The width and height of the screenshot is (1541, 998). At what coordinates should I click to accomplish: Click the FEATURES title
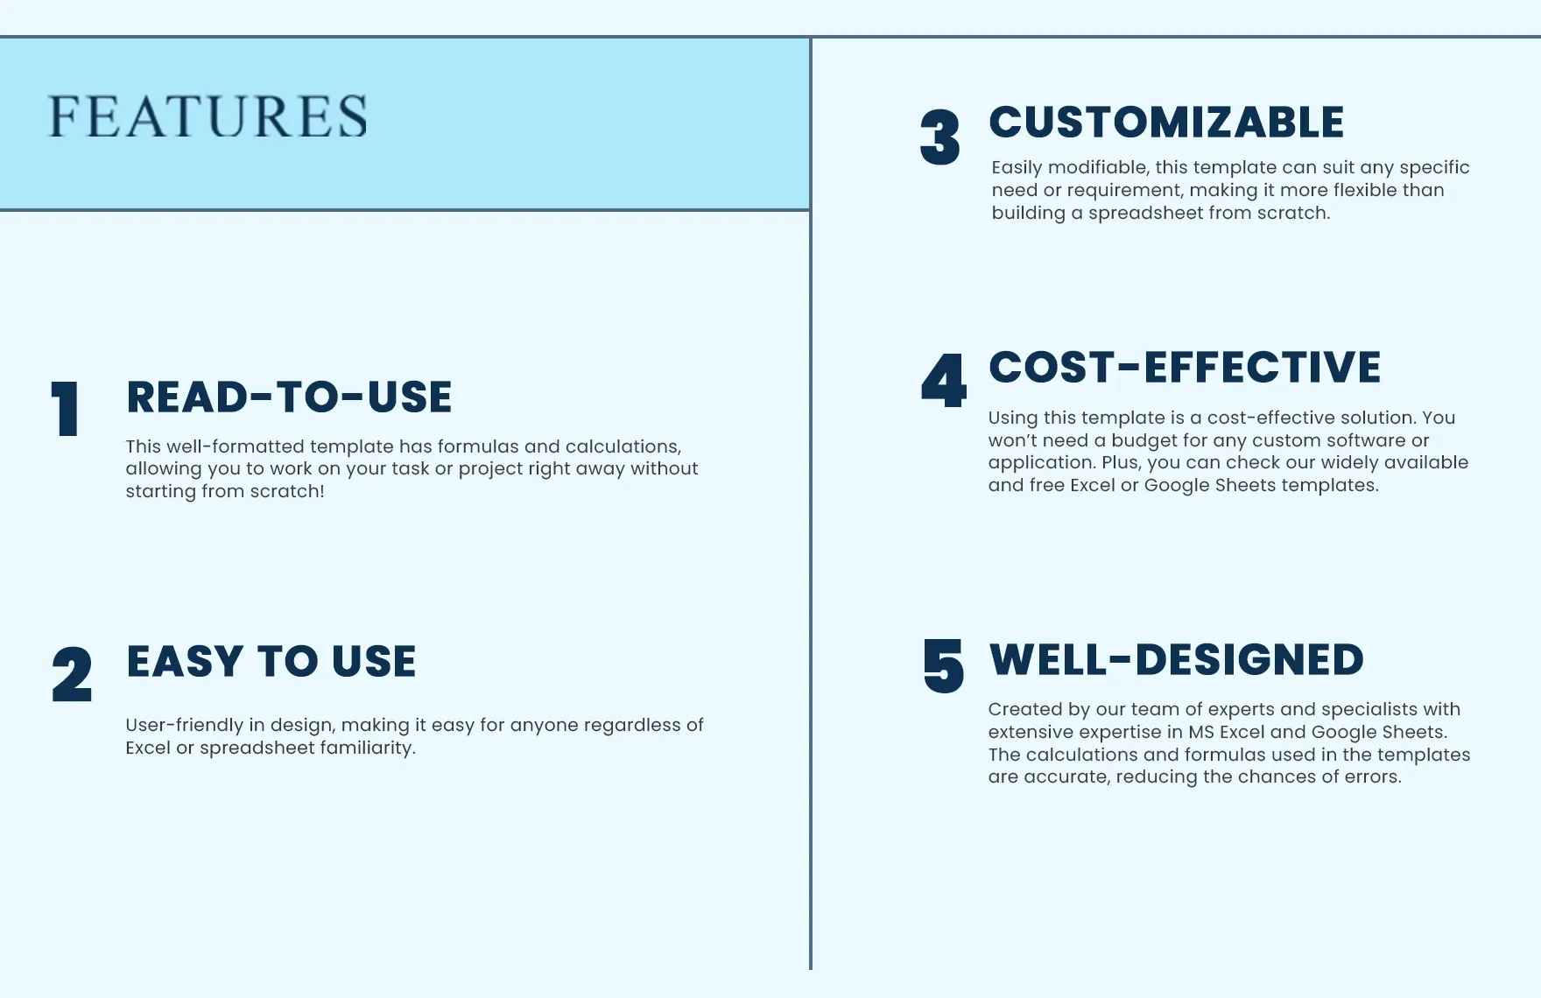point(208,116)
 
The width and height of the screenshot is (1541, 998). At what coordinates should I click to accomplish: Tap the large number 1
point(66,408)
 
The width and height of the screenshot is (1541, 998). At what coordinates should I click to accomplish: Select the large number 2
point(72,674)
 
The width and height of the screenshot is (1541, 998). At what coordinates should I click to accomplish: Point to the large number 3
point(940,137)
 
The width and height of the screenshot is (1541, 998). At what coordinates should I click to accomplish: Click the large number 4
point(944,380)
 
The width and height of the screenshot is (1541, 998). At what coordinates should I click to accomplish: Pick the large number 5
point(944,666)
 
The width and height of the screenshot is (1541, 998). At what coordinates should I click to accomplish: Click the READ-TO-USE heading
point(289,397)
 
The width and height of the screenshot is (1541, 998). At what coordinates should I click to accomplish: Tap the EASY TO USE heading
point(271,661)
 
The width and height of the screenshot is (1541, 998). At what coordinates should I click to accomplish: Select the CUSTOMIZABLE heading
point(1166,122)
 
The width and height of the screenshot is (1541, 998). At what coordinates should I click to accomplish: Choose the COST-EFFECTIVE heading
point(1185,367)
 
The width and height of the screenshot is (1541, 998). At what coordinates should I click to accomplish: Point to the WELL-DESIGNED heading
point(1176,659)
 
